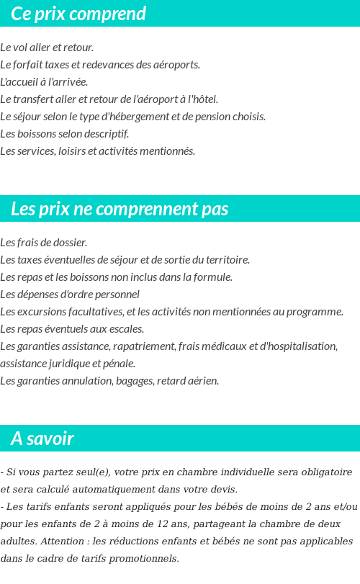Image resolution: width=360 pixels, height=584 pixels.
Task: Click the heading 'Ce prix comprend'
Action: (78, 14)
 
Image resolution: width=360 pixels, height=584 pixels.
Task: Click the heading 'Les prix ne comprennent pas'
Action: (120, 209)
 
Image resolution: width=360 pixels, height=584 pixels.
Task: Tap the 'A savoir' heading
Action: (42, 439)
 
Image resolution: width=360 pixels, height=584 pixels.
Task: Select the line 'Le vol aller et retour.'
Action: (47, 48)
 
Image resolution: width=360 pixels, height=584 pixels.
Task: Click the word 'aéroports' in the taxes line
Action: (176, 65)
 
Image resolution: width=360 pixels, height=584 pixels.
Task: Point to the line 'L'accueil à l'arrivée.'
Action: (44, 82)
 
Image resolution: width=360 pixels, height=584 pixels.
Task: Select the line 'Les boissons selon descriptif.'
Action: (65, 134)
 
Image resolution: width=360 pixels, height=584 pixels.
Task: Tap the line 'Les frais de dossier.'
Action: (44, 243)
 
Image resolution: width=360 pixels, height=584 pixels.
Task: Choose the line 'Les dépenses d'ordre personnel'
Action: (70, 295)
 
